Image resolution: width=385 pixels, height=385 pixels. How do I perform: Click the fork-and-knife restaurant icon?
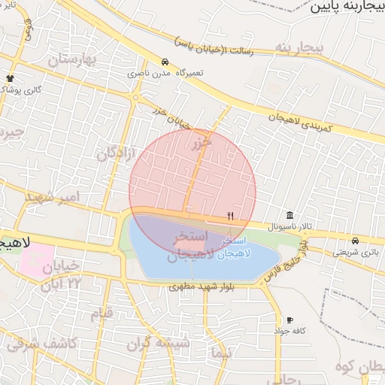click(231, 216)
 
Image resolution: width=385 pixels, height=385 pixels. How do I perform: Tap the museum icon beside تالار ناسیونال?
click(290, 214)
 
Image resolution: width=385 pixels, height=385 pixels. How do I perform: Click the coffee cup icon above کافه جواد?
click(290, 320)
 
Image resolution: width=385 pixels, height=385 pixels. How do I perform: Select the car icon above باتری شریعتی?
click(354, 241)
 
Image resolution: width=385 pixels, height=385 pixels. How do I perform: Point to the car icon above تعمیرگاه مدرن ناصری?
click(165, 62)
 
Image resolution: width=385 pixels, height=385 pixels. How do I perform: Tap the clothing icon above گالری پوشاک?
click(10, 77)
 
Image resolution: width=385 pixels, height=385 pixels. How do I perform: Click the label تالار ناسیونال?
click(290, 226)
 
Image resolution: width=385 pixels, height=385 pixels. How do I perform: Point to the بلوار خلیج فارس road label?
click(286, 259)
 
